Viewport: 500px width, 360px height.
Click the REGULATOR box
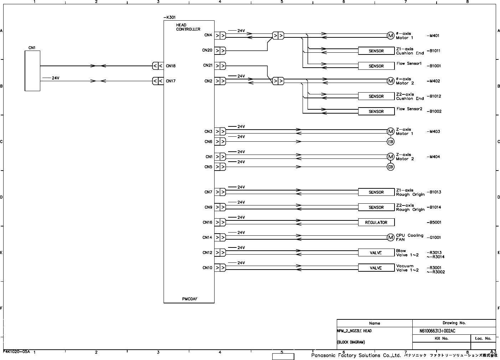click(x=376, y=223)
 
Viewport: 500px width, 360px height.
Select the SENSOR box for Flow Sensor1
click(x=376, y=66)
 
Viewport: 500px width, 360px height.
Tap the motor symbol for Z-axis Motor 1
click(x=390, y=131)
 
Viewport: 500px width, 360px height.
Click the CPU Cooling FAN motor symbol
click(x=390, y=238)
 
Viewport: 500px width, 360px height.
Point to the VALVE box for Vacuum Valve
click(x=376, y=268)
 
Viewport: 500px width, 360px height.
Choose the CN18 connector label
click(x=171, y=66)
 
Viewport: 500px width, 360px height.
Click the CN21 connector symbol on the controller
click(x=220, y=66)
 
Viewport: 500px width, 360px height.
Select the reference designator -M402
click(x=433, y=81)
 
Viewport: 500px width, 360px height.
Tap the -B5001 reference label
click(x=434, y=223)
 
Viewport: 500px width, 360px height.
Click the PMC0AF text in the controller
click(x=190, y=299)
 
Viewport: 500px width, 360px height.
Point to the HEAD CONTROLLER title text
click(x=188, y=27)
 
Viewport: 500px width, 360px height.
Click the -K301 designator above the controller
click(x=169, y=17)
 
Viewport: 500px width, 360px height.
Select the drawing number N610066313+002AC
click(x=437, y=331)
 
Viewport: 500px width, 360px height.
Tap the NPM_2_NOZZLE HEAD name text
click(x=354, y=331)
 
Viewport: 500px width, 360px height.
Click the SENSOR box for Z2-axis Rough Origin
click(x=376, y=207)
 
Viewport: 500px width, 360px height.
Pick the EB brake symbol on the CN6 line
click(x=390, y=142)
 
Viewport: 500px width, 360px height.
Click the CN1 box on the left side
click(x=32, y=71)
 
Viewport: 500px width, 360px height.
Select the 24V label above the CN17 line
click(x=55, y=78)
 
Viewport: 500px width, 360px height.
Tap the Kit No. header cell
click(x=441, y=339)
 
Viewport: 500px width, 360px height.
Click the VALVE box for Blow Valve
click(x=376, y=253)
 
